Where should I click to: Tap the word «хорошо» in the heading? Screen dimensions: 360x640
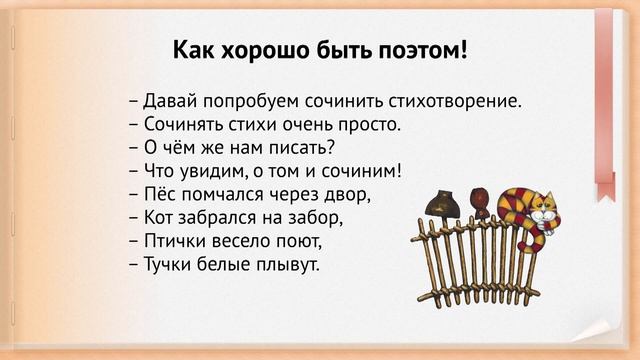point(265,50)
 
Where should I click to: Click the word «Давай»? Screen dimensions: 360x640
point(168,102)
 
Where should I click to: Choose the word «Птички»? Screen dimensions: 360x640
point(174,241)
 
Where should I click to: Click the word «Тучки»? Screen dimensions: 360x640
point(169,265)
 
